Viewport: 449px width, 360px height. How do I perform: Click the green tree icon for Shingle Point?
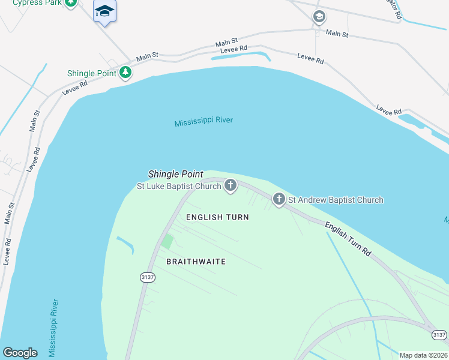pyautogui.click(x=125, y=73)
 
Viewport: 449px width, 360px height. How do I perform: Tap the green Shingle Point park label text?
pyautogui.click(x=89, y=74)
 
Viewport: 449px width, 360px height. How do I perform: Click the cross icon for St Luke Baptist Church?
pyautogui.click(x=231, y=186)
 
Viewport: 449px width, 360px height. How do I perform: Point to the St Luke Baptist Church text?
pyautogui.click(x=179, y=186)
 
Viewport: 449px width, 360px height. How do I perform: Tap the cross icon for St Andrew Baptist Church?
pyautogui.click(x=279, y=199)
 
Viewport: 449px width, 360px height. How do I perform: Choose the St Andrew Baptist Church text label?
pyautogui.click(x=336, y=200)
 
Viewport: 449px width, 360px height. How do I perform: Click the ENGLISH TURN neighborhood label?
pyautogui.click(x=217, y=217)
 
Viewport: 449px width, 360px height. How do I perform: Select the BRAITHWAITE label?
pyautogui.click(x=196, y=262)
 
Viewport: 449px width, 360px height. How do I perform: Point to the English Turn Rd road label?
pyautogui.click(x=348, y=240)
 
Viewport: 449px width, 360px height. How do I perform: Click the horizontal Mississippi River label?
pyautogui.click(x=203, y=122)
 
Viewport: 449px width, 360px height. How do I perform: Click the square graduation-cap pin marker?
pyautogui.click(x=105, y=11)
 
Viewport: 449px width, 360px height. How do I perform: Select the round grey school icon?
pyautogui.click(x=319, y=17)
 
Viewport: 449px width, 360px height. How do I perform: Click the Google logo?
pyautogui.click(x=20, y=353)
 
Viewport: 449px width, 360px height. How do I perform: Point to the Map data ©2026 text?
pyautogui.click(x=424, y=355)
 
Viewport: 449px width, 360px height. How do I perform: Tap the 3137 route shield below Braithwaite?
pyautogui.click(x=148, y=277)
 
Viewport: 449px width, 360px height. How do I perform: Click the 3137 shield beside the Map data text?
pyautogui.click(x=440, y=335)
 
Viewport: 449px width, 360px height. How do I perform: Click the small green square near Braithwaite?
pyautogui.click(x=168, y=242)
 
